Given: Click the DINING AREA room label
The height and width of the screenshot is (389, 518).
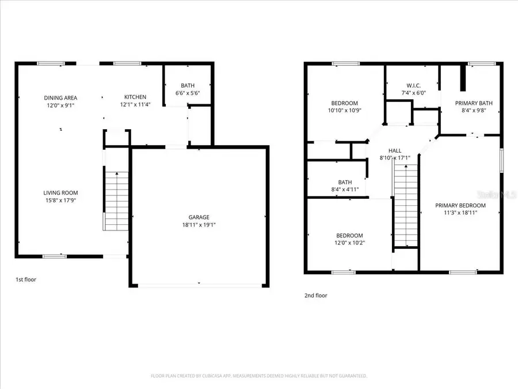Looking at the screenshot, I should [x=60, y=97].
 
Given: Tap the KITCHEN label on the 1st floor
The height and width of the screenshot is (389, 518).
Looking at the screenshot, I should [x=136, y=97].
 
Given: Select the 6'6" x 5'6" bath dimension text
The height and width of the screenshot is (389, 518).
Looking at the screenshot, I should [x=188, y=93].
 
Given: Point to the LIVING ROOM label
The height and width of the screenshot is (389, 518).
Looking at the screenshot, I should [x=60, y=192].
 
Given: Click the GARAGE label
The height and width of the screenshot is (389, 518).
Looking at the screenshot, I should [x=199, y=217].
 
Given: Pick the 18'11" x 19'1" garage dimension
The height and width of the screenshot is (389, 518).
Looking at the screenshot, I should [x=199, y=225].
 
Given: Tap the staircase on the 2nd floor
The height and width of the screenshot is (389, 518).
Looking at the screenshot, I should [x=405, y=205].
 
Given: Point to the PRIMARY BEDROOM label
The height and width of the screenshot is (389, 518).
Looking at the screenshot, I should [x=460, y=205].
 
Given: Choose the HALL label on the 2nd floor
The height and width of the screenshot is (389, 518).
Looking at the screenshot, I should [x=394, y=150].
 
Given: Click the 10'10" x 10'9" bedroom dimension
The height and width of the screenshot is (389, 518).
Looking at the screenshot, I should [x=345, y=110].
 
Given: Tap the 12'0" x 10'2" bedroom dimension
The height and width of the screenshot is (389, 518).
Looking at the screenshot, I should [x=349, y=243].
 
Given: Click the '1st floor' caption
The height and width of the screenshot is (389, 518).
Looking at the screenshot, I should [x=26, y=279].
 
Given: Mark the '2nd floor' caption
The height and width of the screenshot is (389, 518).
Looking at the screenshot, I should [x=316, y=295].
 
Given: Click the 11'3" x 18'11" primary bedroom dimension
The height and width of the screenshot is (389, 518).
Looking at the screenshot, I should [x=460, y=213].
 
